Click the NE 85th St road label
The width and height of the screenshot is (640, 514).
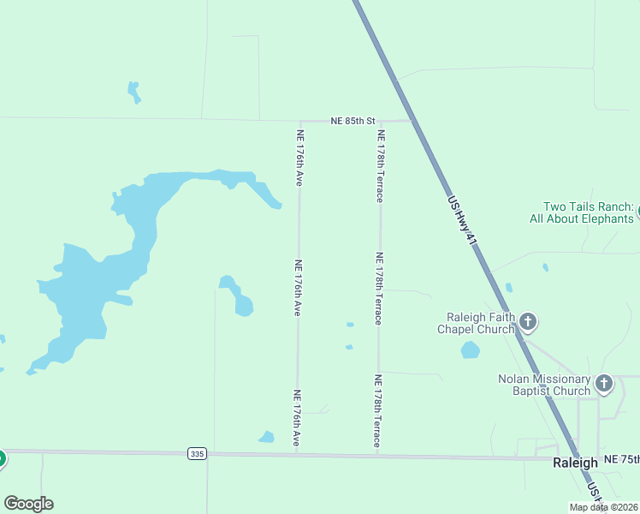tap(353, 122)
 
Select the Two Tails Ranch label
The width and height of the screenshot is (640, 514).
tap(589, 212)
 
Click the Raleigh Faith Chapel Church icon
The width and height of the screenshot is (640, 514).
tap(528, 322)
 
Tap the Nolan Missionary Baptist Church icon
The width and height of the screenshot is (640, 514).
tap(604, 383)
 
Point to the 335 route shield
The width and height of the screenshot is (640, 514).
tap(197, 453)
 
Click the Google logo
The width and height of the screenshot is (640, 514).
tap(28, 504)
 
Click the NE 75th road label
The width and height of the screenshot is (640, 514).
tap(621, 460)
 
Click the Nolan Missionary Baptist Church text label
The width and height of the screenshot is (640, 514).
tap(545, 385)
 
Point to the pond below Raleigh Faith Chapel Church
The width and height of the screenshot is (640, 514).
tap(471, 350)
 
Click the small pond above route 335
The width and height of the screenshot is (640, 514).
tap(267, 438)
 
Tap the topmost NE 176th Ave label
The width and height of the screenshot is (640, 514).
tap(300, 158)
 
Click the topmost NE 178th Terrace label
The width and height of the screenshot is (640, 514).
tap(381, 165)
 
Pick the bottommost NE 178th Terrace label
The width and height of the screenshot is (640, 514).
tap(376, 410)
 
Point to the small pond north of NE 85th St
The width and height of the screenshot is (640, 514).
tap(133, 92)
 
